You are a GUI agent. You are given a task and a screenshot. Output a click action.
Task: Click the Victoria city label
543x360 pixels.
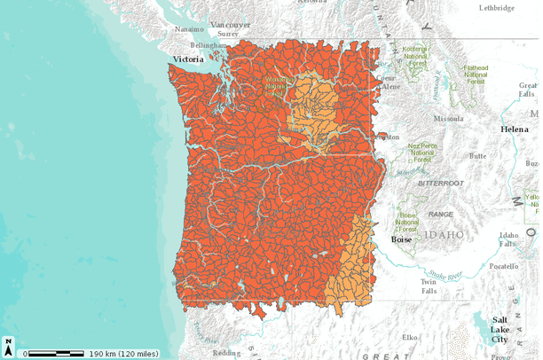tap(188, 59)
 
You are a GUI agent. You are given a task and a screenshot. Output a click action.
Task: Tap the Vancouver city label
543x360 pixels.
tap(231, 25)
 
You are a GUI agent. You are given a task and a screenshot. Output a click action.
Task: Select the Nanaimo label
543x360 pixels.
tap(190, 28)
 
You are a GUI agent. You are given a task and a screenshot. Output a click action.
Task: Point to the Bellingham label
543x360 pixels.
tap(209, 44)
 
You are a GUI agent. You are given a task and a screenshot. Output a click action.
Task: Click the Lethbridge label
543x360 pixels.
tap(496, 7)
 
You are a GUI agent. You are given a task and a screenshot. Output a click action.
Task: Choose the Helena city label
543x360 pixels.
tap(514, 129)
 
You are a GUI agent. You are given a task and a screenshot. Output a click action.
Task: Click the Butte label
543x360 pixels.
tap(477, 155)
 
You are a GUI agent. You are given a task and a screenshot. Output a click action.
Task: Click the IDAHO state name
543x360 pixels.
tap(444, 235)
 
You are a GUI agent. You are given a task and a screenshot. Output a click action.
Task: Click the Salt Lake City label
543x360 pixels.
tap(500, 328)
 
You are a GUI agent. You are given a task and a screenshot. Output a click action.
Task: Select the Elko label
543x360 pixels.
tap(410, 337)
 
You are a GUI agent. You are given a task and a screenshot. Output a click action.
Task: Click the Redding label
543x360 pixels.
tap(226, 353)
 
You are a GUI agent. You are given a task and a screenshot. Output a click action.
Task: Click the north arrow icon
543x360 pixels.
tap(8, 346)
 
